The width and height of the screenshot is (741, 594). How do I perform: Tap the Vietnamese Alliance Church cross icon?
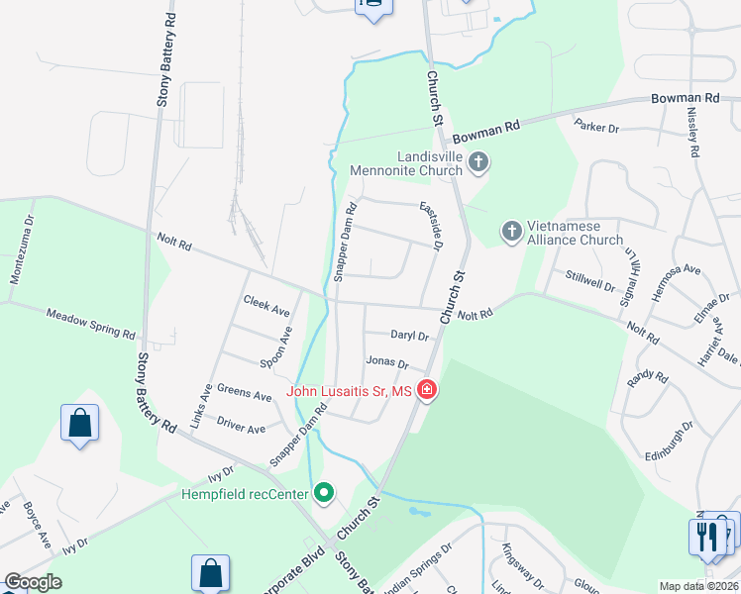[x=511, y=232]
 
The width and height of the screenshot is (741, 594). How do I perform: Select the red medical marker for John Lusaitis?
[x=427, y=392]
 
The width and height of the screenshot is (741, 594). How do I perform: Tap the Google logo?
[x=33, y=582]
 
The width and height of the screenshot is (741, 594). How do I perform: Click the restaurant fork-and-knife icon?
[x=706, y=537]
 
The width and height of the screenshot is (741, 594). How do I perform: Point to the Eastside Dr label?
[x=430, y=225]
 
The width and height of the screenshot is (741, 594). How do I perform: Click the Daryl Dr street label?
[x=408, y=337]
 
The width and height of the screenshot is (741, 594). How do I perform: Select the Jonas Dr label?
[x=387, y=362]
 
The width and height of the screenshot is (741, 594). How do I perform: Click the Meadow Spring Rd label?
[x=90, y=322]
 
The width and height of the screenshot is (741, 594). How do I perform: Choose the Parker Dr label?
[x=597, y=127]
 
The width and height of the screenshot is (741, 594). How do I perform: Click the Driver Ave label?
[x=242, y=428]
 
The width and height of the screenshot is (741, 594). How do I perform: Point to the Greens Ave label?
[x=244, y=395]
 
